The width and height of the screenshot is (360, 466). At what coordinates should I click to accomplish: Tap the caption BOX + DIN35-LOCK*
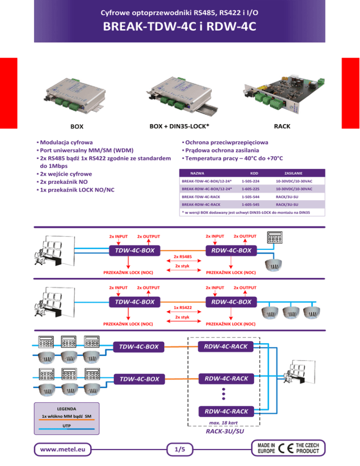pyautogui.click(x=179, y=126)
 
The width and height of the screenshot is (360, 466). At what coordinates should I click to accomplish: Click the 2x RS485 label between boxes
pyautogui.click(x=182, y=256)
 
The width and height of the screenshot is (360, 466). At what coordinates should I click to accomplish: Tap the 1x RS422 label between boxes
pyautogui.click(x=182, y=308)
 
